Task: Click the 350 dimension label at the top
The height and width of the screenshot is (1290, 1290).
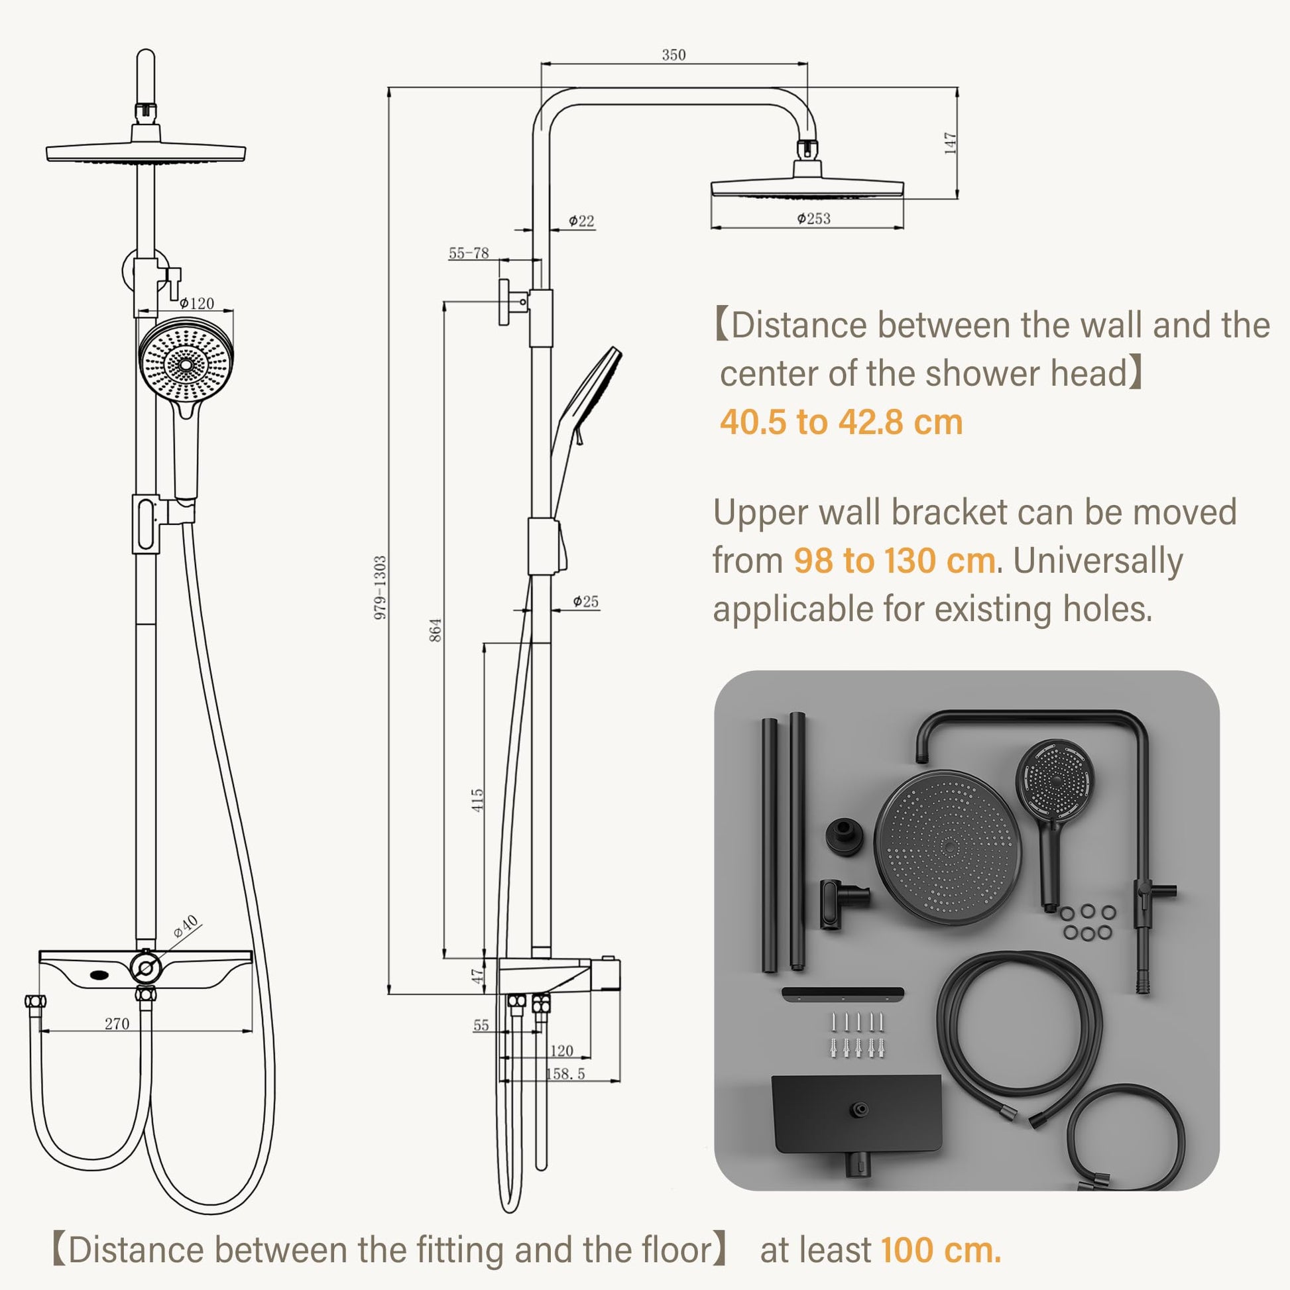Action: click(674, 55)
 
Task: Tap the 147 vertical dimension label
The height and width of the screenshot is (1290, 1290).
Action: click(950, 144)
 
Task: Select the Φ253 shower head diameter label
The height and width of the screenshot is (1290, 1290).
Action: click(813, 218)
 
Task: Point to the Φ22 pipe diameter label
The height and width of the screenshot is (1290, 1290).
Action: click(581, 221)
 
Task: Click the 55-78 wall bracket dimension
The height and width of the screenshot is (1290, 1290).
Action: click(469, 253)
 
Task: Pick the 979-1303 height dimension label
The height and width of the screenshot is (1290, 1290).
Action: click(380, 587)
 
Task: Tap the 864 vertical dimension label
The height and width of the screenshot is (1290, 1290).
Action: click(435, 630)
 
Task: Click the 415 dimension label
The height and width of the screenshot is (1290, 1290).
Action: click(477, 800)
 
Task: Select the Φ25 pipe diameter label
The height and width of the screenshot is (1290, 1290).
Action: click(585, 602)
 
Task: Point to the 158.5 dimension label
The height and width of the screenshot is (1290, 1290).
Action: click(565, 1074)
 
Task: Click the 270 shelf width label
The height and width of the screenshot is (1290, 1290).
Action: click(117, 1024)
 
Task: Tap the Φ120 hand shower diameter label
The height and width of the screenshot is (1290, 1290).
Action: click(197, 303)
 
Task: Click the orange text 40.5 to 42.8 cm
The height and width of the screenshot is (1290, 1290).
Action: click(841, 422)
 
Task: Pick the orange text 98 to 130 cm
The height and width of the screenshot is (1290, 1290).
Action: click(895, 561)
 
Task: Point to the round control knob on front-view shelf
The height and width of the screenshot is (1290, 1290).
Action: click(146, 965)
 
